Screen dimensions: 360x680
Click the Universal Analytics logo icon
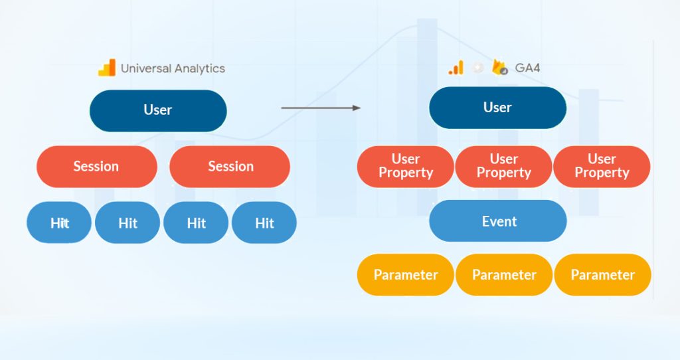(x=106, y=68)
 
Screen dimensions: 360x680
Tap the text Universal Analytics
(x=173, y=68)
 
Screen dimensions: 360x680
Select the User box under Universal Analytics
(x=158, y=110)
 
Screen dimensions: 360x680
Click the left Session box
(x=96, y=166)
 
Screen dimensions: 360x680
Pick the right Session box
(x=230, y=166)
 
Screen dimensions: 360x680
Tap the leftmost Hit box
(x=60, y=223)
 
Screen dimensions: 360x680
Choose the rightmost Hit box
(x=264, y=223)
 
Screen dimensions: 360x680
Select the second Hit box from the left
(x=127, y=223)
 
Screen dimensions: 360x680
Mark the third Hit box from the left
(x=196, y=223)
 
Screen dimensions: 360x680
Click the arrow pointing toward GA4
(x=321, y=107)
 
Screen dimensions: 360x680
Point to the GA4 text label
(x=527, y=68)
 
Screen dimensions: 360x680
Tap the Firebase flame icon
(x=499, y=67)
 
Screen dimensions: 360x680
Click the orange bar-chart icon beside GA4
(x=456, y=68)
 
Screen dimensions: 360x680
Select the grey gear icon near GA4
(x=477, y=68)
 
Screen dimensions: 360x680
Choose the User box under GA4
(x=497, y=108)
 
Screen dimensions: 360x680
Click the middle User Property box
(x=503, y=166)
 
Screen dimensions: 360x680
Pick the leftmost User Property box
(x=406, y=166)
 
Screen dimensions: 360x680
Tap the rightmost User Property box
(x=602, y=166)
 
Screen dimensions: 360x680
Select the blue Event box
(x=498, y=221)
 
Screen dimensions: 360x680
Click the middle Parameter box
(x=504, y=274)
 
